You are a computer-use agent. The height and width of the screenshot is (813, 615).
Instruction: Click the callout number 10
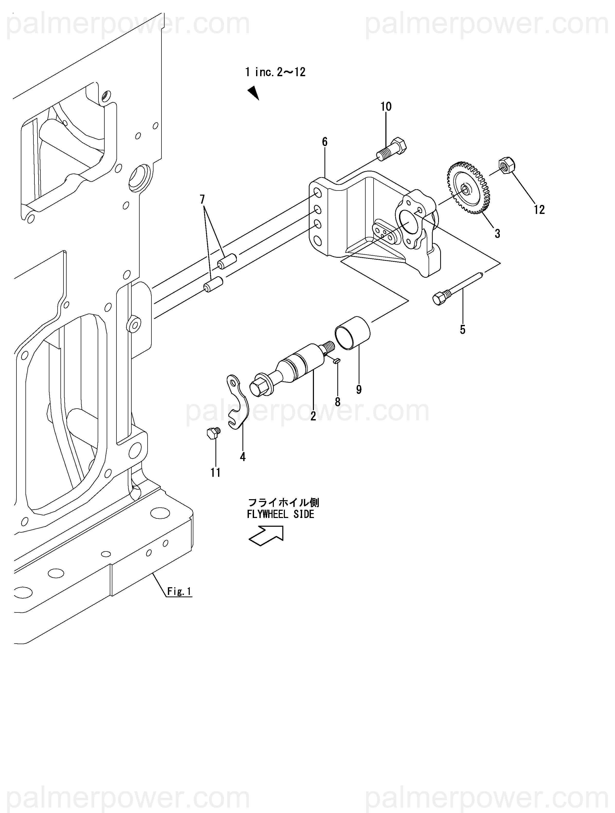click(386, 107)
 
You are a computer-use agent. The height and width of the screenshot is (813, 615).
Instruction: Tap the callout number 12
click(539, 210)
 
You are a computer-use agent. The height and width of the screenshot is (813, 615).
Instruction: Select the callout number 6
click(324, 142)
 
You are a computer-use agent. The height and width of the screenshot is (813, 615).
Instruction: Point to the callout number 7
click(202, 200)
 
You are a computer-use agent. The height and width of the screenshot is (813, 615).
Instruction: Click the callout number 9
click(359, 390)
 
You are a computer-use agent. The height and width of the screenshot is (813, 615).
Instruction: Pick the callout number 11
click(215, 473)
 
